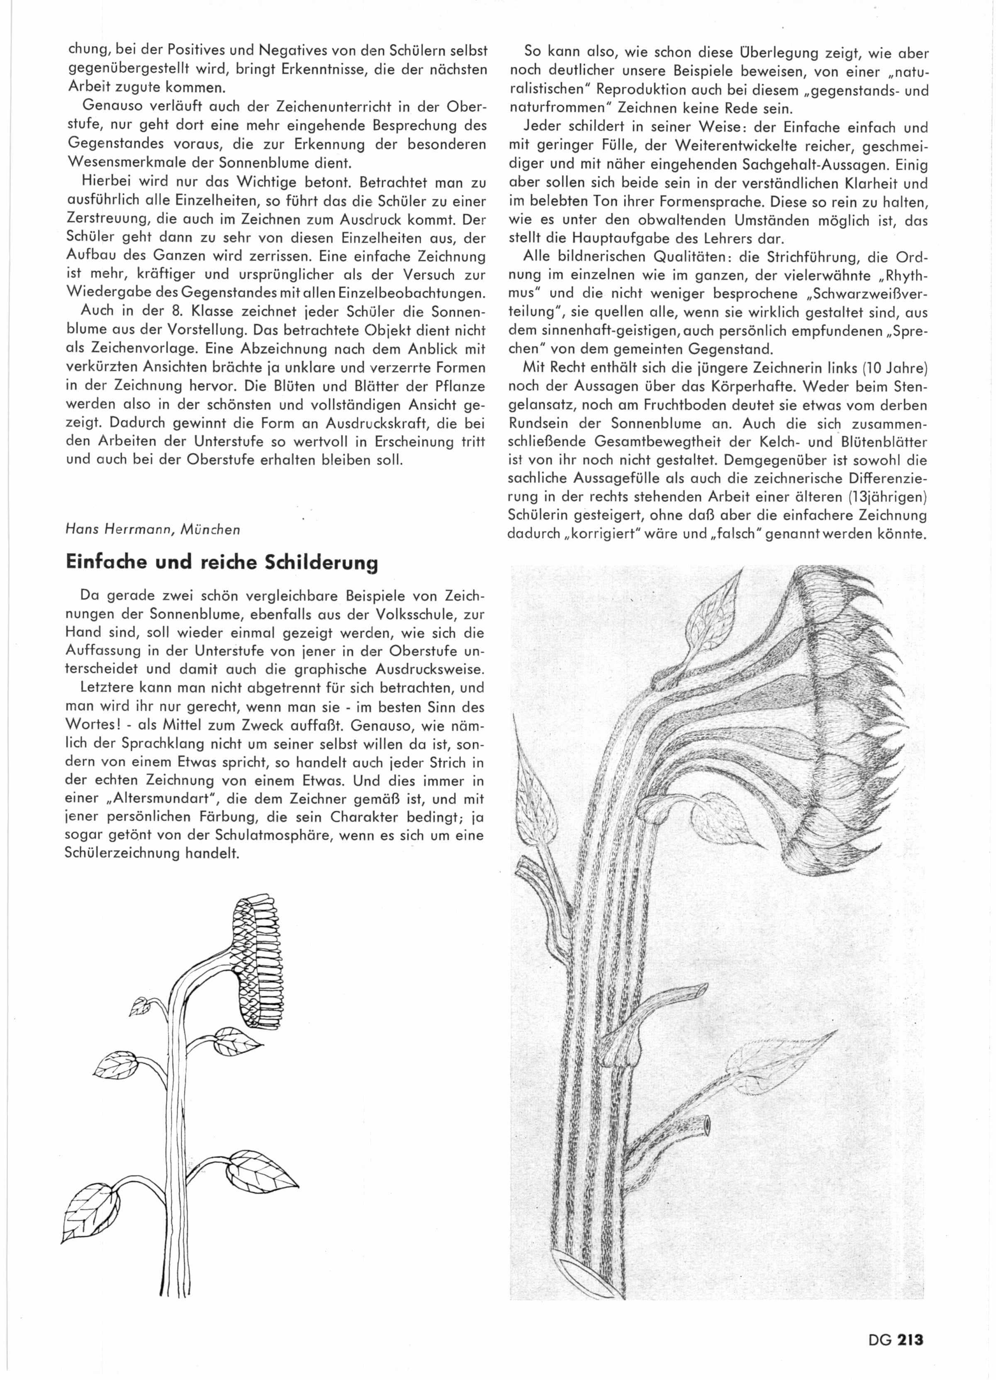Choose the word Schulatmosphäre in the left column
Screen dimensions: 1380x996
(193, 835)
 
